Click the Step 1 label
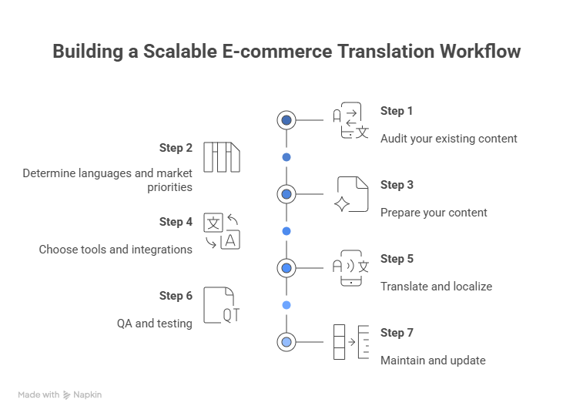pyautogui.click(x=396, y=111)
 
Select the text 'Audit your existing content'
pyautogui.click(x=448, y=139)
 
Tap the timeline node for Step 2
pyautogui.click(x=286, y=157)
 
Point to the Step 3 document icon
pyautogui.click(x=352, y=194)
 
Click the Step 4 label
pyautogui.click(x=176, y=222)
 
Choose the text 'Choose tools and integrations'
pyautogui.click(x=116, y=250)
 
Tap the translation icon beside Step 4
pyautogui.click(x=222, y=231)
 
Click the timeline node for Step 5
pyautogui.click(x=286, y=268)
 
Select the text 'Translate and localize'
pyautogui.click(x=436, y=287)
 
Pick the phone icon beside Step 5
pyautogui.click(x=351, y=268)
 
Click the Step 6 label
pyautogui.click(x=176, y=296)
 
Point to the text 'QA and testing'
pyautogui.click(x=154, y=324)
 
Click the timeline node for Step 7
pyautogui.click(x=286, y=342)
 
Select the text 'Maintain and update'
pyautogui.click(x=432, y=361)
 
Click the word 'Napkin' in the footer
pyautogui.click(x=88, y=394)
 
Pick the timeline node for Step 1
pyautogui.click(x=286, y=120)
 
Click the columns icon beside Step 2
pyautogui.click(x=222, y=157)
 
